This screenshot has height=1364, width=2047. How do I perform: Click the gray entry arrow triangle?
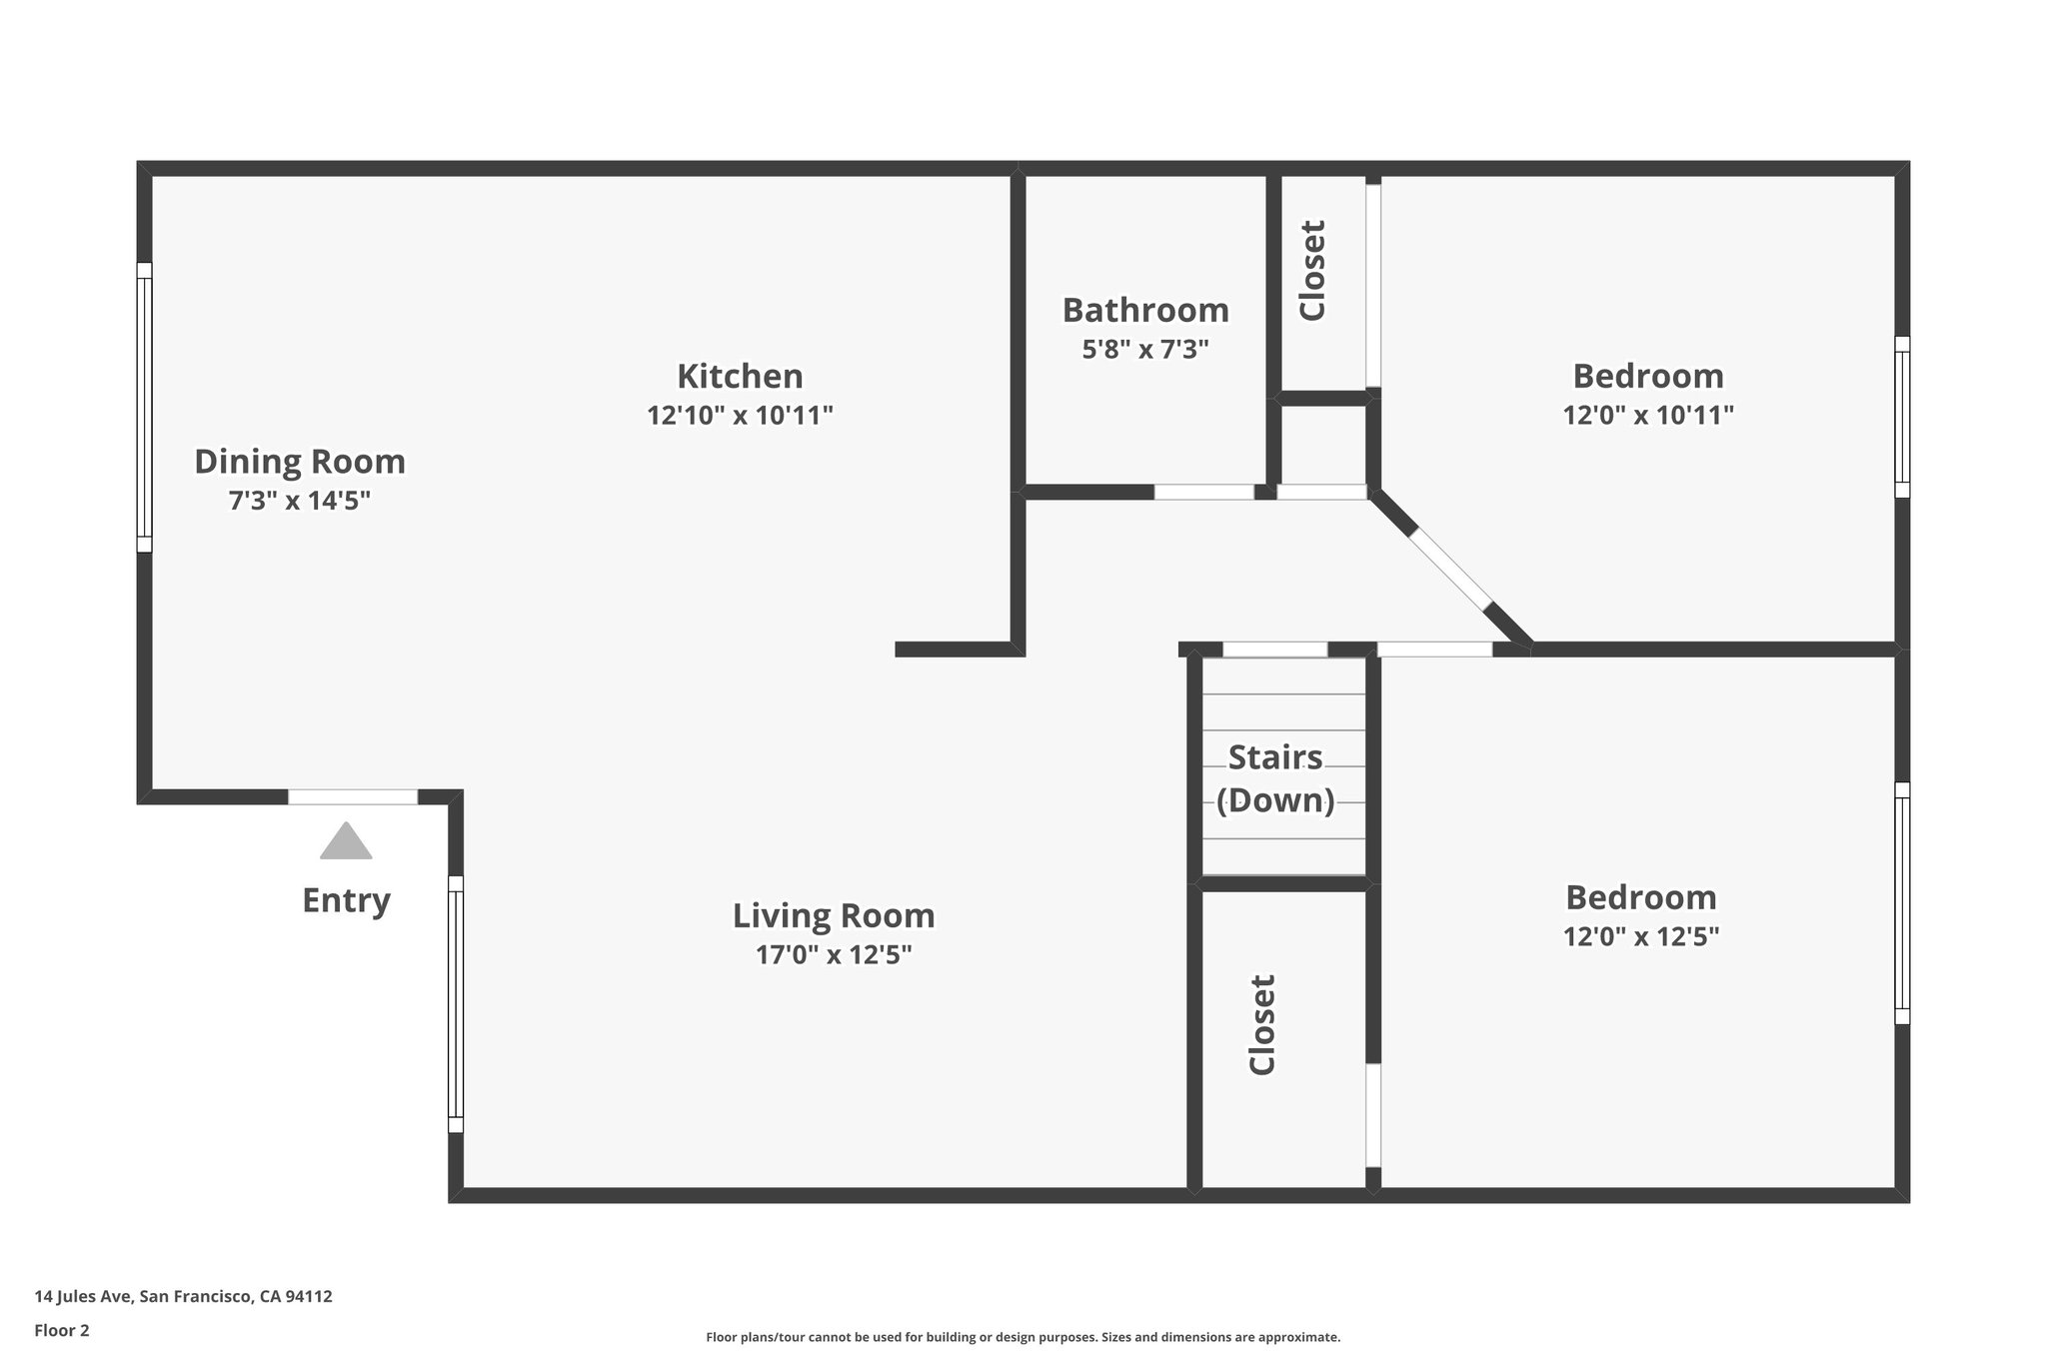pos(346,842)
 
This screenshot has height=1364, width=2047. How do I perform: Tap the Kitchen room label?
pos(740,377)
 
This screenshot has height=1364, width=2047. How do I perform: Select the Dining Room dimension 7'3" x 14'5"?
pos(300,501)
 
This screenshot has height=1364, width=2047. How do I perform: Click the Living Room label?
pos(834,916)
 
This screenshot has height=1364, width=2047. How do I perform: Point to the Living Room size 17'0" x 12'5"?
pos(834,955)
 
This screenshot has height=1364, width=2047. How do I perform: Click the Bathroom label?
pos(1145,311)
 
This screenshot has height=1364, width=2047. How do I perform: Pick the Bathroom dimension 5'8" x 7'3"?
pos(1145,350)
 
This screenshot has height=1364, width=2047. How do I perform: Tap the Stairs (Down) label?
pos(1275,779)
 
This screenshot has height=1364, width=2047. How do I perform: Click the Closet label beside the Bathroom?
pos(1312,271)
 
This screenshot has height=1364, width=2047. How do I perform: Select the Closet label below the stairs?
pos(1262,1025)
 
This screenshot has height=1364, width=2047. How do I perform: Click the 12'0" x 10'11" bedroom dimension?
pos(1648,416)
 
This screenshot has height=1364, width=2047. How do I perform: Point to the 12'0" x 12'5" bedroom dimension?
pos(1641,937)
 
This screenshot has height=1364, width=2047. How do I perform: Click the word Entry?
pos(346,901)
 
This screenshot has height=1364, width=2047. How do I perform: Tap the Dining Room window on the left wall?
pos(145,407)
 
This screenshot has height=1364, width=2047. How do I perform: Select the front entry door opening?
pos(353,796)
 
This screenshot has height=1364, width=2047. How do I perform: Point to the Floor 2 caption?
pos(62,1330)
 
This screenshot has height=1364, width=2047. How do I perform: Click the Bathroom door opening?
pos(1204,492)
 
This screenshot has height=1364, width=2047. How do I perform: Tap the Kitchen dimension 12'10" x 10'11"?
pos(740,416)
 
